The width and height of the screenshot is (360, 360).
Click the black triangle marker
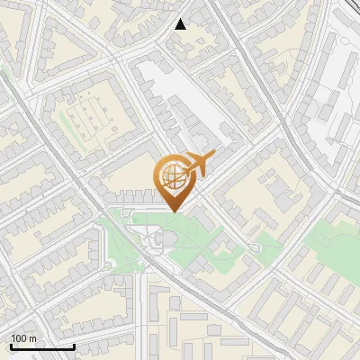tap(180, 24)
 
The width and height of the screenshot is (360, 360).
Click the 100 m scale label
tap(23, 338)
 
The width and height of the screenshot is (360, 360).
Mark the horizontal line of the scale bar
tap(42, 346)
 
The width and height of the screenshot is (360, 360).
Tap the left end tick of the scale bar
tap(11, 345)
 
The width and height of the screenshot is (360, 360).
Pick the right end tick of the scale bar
tap(74, 345)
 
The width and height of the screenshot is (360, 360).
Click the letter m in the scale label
tap(32, 338)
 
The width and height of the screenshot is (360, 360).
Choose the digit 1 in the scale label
tap(13, 338)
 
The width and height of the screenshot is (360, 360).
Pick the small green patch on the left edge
tap(4, 72)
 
